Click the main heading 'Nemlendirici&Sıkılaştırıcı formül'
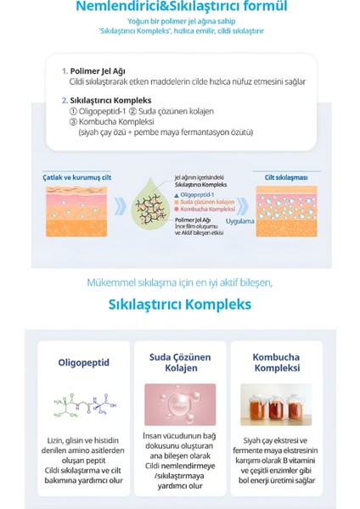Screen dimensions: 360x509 click(181, 8)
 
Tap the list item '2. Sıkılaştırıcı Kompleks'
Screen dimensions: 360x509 click(106, 98)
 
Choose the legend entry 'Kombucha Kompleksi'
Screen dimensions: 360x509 click(207, 210)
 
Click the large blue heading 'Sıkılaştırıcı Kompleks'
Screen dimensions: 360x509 click(180, 304)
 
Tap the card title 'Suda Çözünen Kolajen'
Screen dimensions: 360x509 click(180, 363)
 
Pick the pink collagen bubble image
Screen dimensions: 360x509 click(180, 405)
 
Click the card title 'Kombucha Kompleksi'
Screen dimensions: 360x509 click(275, 363)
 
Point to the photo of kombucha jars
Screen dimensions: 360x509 click(275, 405)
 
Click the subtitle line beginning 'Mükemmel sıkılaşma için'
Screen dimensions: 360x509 click(180, 282)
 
